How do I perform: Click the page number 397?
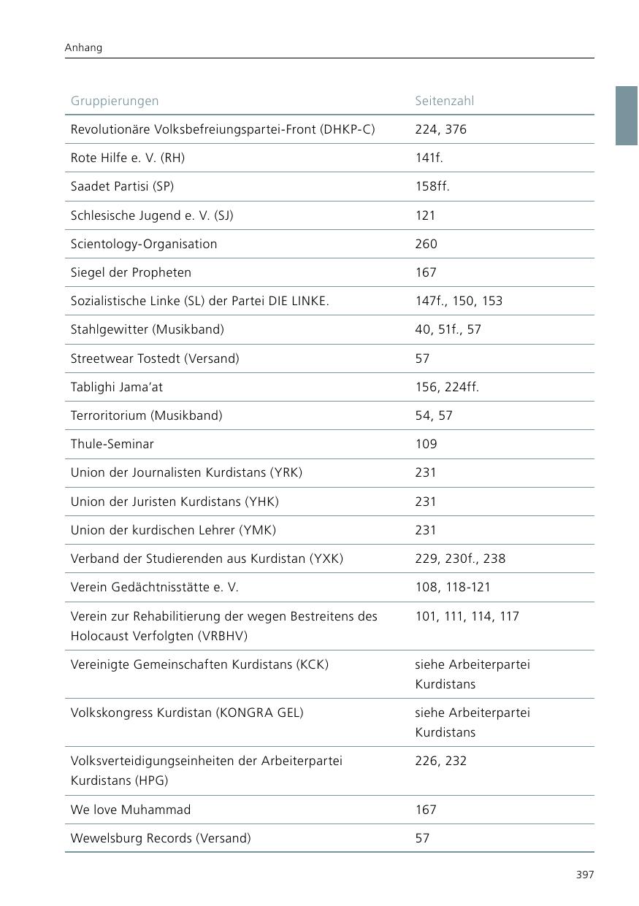(x=584, y=875)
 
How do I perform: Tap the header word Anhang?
(x=83, y=47)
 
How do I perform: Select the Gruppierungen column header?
(x=115, y=101)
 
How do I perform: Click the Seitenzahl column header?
(x=444, y=101)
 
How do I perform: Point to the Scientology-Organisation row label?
(x=144, y=244)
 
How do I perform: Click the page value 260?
(x=426, y=244)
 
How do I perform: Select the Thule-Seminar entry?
(x=112, y=444)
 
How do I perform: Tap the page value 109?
(x=426, y=444)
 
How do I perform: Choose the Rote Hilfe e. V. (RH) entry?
(x=128, y=158)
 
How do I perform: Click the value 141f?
(x=429, y=158)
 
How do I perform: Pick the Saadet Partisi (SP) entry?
(x=122, y=186)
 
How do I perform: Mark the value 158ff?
(x=432, y=186)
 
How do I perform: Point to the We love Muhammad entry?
(x=131, y=810)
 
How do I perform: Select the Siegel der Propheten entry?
(x=131, y=272)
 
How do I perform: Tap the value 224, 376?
(x=440, y=129)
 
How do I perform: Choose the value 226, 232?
(x=440, y=761)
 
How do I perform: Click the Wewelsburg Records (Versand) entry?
(x=161, y=838)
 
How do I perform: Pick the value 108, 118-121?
(x=453, y=587)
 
